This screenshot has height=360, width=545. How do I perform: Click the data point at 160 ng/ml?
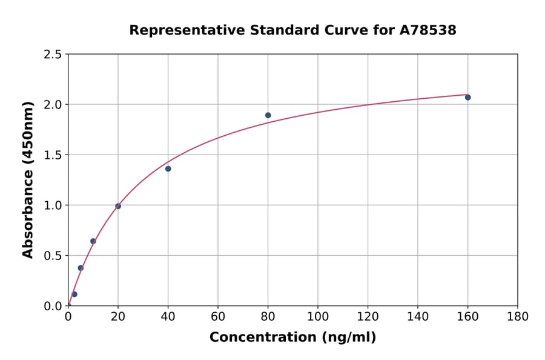[467, 98]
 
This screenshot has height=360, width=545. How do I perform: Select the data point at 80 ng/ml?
[268, 115]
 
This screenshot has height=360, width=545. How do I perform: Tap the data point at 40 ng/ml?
[168, 168]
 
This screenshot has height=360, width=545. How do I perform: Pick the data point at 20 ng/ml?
[118, 206]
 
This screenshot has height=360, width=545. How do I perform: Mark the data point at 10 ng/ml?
[93, 241]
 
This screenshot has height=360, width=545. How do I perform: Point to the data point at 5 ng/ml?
[81, 268]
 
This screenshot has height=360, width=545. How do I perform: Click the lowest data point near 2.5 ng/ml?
[74, 295]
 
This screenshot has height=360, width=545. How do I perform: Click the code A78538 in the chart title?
[428, 30]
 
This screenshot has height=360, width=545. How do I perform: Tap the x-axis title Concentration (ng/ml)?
[292, 338]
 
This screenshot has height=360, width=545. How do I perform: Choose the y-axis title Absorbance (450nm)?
[28, 180]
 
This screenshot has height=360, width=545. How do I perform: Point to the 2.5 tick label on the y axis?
[53, 55]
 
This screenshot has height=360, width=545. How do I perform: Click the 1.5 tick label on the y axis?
[53, 155]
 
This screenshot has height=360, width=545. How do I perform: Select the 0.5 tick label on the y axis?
[53, 256]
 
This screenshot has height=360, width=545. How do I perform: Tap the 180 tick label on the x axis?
[517, 316]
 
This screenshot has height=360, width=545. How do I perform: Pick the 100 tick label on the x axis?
[317, 316]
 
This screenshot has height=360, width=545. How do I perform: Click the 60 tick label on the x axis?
[218, 316]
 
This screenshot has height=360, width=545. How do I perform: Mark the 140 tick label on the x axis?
[417, 316]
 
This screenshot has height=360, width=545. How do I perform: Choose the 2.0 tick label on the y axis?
[53, 105]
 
